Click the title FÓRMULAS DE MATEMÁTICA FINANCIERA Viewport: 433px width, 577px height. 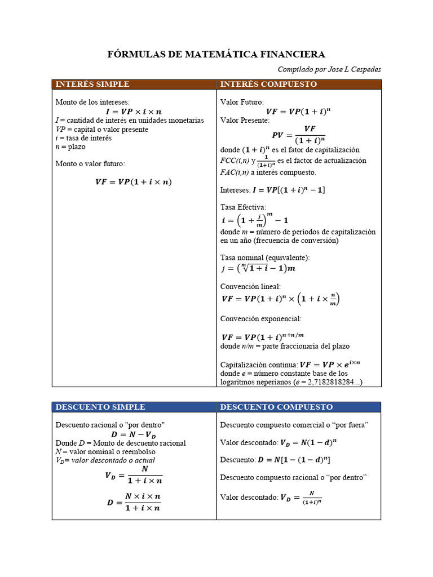[216, 55]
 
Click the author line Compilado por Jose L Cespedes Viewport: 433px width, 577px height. [329, 69]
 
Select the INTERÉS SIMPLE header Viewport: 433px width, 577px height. [92, 85]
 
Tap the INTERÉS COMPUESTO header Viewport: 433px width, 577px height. [268, 85]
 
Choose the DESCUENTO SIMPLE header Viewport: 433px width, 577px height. [100, 407]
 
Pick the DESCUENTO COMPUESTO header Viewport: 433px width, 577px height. [276, 407]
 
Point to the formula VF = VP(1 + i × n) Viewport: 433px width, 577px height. [134, 181]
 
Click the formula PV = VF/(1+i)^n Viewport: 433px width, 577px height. [299, 135]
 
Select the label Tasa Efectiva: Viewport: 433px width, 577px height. [243, 207]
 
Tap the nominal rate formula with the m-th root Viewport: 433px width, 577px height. [258, 268]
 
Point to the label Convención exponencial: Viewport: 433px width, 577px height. [261, 318]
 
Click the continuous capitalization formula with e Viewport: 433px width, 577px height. [330, 364]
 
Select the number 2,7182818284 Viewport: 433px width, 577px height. [332, 382]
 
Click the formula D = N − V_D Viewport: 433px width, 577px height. [134, 434]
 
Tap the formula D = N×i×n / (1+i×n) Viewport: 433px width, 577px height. [134, 501]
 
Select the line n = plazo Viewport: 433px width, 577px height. [70, 147]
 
